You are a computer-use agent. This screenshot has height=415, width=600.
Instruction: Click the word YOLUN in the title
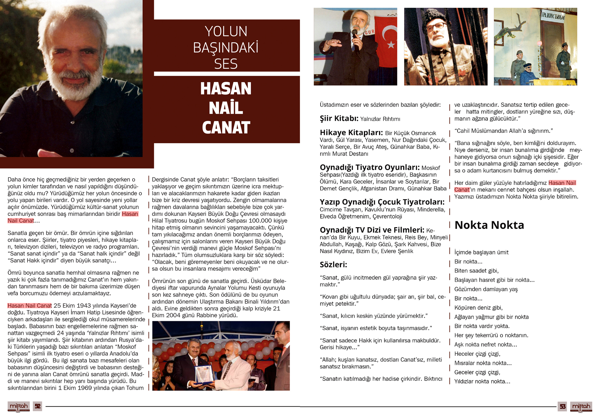pyautogui.click(x=226, y=32)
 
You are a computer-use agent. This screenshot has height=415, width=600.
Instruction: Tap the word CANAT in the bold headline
pyautogui.click(x=226, y=127)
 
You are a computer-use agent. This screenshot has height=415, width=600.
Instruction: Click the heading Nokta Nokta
pyautogui.click(x=489, y=225)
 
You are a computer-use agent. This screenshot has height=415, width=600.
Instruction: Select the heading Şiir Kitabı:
pyautogui.click(x=339, y=118)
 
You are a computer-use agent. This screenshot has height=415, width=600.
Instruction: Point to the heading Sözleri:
pyautogui.click(x=333, y=264)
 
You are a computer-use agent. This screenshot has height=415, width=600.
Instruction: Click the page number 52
pyautogui.click(x=38, y=406)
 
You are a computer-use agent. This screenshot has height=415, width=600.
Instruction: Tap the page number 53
pyautogui.click(x=562, y=406)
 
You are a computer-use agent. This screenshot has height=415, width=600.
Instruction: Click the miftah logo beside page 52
pyautogui.click(x=19, y=406)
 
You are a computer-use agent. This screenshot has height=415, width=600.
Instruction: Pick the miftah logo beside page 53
pyautogui.click(x=581, y=406)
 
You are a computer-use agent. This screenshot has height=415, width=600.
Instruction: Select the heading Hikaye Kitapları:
pyautogui.click(x=351, y=132)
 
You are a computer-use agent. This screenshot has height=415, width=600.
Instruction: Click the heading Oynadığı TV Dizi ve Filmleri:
pyautogui.click(x=372, y=230)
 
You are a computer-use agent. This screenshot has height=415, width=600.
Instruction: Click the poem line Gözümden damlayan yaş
pyautogui.click(x=486, y=289)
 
